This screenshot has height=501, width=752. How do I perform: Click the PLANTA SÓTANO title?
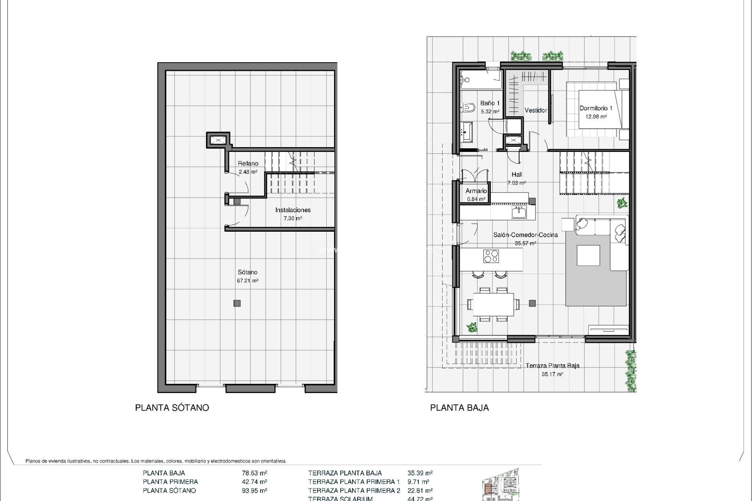pyautogui.click(x=172, y=408)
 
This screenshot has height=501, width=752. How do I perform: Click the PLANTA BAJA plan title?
pyautogui.click(x=459, y=408)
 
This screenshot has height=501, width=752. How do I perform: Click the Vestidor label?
pyautogui.click(x=535, y=110)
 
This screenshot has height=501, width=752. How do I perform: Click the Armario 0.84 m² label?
pyautogui.click(x=476, y=195)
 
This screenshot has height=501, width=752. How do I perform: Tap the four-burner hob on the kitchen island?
pyautogui.click(x=491, y=256)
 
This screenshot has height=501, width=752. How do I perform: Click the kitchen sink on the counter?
pyautogui.click(x=519, y=213)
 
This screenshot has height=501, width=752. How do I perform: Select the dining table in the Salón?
pyautogui.click(x=493, y=305)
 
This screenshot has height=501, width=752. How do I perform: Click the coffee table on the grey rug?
pyautogui.click(x=588, y=256)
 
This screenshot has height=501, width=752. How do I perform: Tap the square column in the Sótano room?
pyautogui.click(x=237, y=303)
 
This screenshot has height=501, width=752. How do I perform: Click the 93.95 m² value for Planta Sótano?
pyautogui.click(x=255, y=490)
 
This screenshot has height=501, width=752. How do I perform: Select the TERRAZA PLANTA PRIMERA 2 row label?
pyautogui.click(x=354, y=490)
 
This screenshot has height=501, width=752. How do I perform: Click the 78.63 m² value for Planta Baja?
pyautogui.click(x=255, y=473)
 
